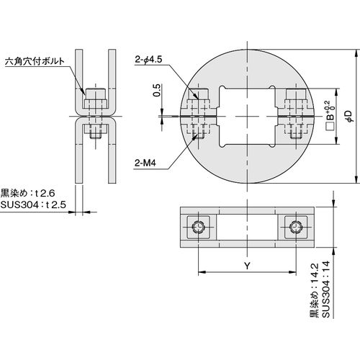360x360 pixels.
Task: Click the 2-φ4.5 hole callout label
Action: (148, 59)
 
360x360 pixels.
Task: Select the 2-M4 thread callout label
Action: (145, 163)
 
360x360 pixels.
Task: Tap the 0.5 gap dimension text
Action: (156, 90)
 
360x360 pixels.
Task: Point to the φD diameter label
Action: (350, 117)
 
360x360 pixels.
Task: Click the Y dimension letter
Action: (247, 266)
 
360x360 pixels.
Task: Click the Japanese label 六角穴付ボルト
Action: (35, 61)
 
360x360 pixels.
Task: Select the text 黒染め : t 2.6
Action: (27, 193)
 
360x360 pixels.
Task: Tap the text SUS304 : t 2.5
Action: (33, 205)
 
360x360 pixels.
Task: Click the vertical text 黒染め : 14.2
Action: (315, 290)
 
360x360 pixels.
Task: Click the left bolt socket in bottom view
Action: (198, 227)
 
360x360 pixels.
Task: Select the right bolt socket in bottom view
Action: (296, 227)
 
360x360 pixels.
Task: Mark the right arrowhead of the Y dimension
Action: (292, 272)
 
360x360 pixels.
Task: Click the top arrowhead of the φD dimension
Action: (356, 53)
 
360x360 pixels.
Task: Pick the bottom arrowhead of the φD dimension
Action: (356, 179)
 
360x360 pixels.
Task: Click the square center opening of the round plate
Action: (247, 117)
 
